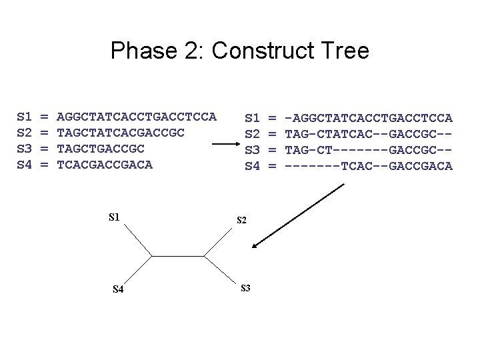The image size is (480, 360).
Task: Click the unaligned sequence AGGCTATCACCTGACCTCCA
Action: click(137, 117)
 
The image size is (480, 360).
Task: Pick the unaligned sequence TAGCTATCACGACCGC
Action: click(121, 133)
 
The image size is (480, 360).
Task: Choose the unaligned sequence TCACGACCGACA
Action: click(105, 165)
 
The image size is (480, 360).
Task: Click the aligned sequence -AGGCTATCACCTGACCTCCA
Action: click(368, 118)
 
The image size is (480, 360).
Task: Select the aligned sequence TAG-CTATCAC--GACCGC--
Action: click(368, 133)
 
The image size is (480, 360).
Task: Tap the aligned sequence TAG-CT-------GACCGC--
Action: click(368, 149)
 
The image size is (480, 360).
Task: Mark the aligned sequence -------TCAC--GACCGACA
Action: click(368, 165)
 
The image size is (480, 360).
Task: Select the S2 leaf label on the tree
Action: click(241, 220)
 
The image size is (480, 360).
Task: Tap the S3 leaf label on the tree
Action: click(245, 288)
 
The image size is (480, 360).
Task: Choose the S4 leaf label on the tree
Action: click(117, 289)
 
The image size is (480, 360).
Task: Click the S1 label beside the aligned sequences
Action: click(252, 118)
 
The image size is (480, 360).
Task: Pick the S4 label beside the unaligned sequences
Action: click(24, 165)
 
